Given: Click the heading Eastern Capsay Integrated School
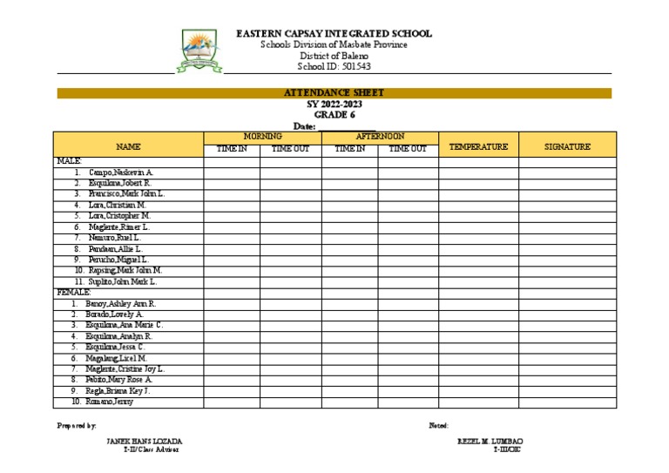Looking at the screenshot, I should [x=334, y=34].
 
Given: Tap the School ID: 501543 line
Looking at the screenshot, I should [x=334, y=66].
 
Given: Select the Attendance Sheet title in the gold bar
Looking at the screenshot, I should [x=334, y=93].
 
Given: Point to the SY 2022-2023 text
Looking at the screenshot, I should [x=334, y=104].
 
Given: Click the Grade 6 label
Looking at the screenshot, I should [x=334, y=114].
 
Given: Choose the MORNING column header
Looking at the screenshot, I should [x=262, y=137].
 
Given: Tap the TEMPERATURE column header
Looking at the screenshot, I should [x=478, y=147].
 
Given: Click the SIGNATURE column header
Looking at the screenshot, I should [x=567, y=147].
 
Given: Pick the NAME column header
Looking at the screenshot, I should [x=128, y=147].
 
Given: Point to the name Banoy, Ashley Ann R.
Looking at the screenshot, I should [x=120, y=303].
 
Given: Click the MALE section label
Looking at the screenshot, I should [x=69, y=161].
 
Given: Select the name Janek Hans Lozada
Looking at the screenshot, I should [x=144, y=442].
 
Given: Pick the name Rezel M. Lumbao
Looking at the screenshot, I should [x=490, y=442].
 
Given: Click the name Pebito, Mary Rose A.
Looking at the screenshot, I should [x=118, y=380].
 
